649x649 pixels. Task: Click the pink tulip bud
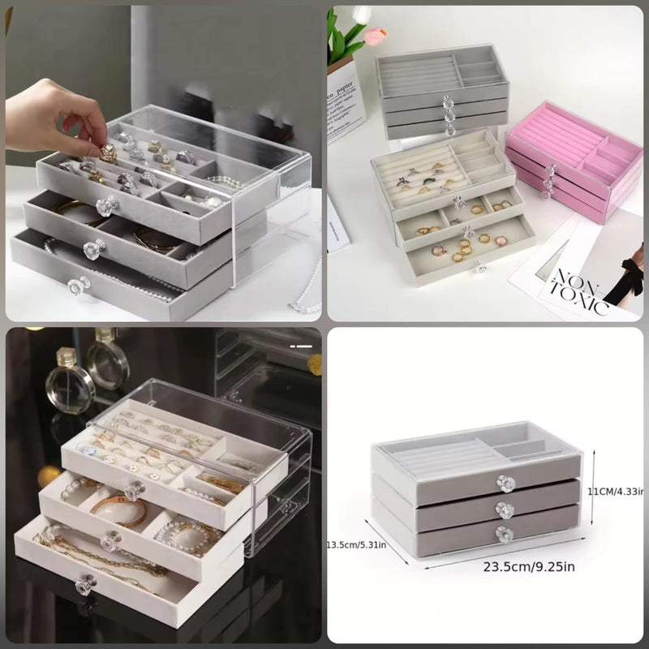[375, 35]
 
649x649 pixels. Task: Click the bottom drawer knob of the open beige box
[478, 266]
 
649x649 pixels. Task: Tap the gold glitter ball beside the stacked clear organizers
[313, 359]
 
